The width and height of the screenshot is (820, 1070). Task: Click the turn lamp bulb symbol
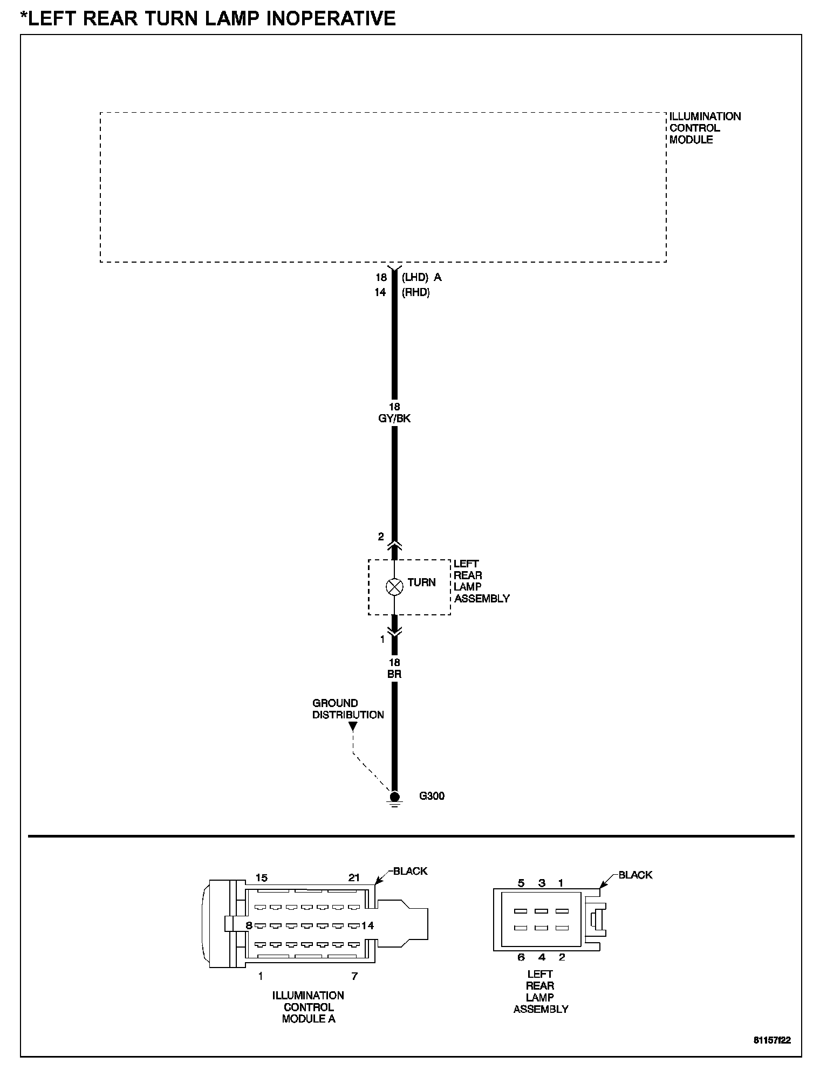point(394,587)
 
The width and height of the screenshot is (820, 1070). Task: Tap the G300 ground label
point(432,796)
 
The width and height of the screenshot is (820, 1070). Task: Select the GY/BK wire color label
point(394,419)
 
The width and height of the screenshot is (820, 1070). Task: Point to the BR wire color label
point(394,674)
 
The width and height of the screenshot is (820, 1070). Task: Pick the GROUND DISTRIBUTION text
point(348,709)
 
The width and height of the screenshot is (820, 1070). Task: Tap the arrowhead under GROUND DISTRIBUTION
point(353,726)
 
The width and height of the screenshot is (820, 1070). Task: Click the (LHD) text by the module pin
point(415,277)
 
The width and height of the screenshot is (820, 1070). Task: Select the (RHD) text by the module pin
point(415,292)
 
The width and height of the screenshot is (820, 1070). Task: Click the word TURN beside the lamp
point(421,582)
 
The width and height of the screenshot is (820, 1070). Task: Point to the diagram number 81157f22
point(772,1040)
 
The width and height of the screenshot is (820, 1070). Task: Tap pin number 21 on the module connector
point(354,877)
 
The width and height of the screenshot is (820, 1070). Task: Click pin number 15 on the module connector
point(261,877)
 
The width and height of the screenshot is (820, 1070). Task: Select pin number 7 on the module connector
point(354,976)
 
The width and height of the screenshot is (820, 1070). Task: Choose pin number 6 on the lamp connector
point(521,957)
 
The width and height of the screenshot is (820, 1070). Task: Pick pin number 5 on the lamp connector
point(521,883)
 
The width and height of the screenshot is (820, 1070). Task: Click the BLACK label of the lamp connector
point(635,875)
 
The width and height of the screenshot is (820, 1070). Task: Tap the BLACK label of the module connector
point(410,871)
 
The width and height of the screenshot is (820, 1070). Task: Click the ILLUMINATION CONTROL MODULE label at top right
point(705,128)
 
